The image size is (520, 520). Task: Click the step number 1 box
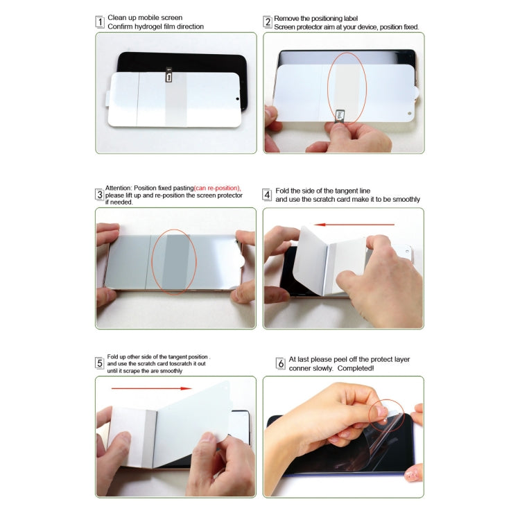click(x=100, y=21)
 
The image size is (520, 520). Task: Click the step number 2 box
click(x=268, y=21)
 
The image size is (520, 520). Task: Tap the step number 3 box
click(x=100, y=195)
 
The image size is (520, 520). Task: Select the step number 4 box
click(x=267, y=195)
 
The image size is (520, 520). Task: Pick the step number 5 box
click(x=100, y=363)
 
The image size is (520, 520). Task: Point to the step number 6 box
click(x=281, y=363)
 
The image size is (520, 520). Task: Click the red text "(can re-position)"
click(x=217, y=188)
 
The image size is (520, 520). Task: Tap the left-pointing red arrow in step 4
click(x=354, y=224)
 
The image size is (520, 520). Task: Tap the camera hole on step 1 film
click(x=238, y=99)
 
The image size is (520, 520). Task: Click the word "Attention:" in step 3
click(x=119, y=188)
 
